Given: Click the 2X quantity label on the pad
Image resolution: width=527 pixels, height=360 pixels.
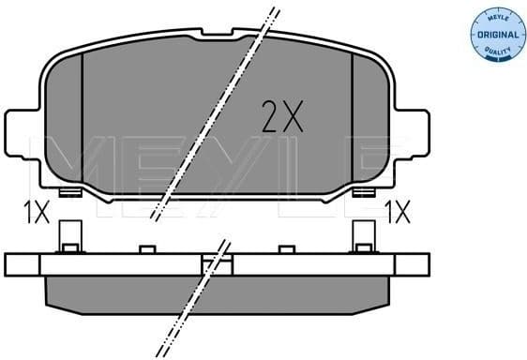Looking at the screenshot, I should pyautogui.click(x=280, y=117).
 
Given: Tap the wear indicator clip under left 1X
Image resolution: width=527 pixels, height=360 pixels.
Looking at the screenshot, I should pyautogui.click(x=68, y=235).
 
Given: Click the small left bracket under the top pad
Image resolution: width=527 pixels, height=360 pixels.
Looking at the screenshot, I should pyautogui.click(x=68, y=193).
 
